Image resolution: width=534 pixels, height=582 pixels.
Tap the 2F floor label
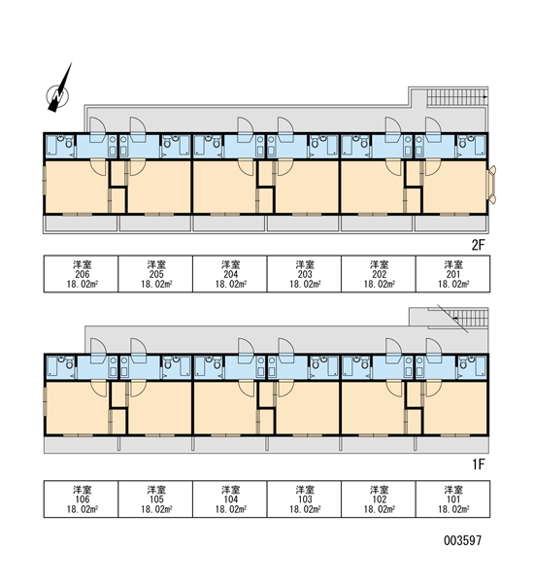pos(478,245)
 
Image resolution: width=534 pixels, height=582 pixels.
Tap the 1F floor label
pos(479,464)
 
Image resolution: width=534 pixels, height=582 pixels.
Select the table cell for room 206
pos(82,274)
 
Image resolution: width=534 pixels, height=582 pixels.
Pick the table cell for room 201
pos(452,274)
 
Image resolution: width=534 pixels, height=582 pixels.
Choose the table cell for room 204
pos(230,274)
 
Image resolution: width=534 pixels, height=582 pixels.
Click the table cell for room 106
pos(82,498)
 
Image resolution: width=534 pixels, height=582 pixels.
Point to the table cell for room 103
pos(304,498)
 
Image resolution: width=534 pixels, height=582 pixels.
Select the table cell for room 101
pos(452,498)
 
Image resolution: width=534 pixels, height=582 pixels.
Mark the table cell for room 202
pos(379,274)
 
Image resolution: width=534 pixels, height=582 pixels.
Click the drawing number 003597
pos(462,540)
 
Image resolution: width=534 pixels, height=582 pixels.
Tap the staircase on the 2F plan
pos(457,97)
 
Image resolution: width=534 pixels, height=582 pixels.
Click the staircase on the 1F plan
pos(458,318)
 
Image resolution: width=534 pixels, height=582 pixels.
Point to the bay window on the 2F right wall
pos(491,185)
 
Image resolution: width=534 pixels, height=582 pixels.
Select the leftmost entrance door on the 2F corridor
pos(98,129)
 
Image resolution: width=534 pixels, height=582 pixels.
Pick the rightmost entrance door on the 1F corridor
pos(434,351)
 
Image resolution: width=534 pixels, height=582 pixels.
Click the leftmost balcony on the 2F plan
pos(81,223)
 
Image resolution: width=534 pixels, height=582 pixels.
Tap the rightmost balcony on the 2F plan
pos(451,223)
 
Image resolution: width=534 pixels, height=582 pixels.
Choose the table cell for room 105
pos(155,498)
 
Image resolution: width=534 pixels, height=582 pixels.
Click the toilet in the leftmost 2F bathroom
pos(69,143)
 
